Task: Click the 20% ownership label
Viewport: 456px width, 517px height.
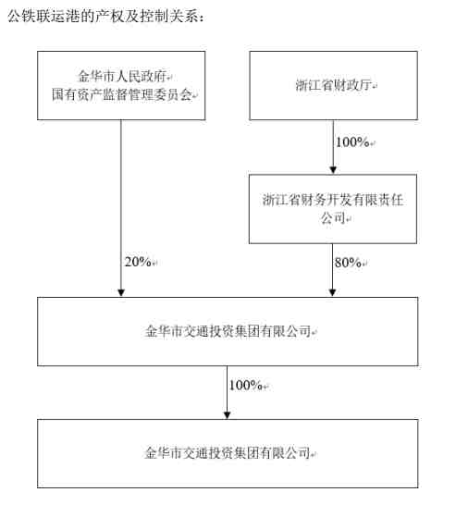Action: pyautogui.click(x=138, y=262)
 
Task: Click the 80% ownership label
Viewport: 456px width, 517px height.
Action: pyautogui.click(x=348, y=263)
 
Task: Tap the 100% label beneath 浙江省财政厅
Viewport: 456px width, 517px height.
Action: pyautogui.click(x=352, y=142)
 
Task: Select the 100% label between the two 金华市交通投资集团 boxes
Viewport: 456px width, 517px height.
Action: pyautogui.click(x=246, y=385)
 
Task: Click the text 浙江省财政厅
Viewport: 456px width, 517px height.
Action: pyautogui.click(x=333, y=85)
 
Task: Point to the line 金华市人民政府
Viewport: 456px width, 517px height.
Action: pyautogui.click(x=122, y=76)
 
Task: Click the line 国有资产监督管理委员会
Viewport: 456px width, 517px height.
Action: pyautogui.click(x=122, y=94)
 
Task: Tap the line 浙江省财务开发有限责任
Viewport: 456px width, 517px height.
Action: pyautogui.click(x=333, y=200)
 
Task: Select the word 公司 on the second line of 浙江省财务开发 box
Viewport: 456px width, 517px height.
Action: pyautogui.click(x=333, y=217)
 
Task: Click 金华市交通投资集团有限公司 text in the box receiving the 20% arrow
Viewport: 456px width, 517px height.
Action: pyautogui.click(x=228, y=331)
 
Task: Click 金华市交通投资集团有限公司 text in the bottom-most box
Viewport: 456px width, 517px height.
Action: pyautogui.click(x=228, y=453)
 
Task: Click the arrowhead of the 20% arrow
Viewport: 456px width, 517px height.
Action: pyautogui.click(x=121, y=293)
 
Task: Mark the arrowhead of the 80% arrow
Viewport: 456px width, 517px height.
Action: pyautogui.click(x=332, y=293)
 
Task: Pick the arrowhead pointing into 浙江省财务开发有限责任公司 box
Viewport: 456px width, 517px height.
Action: pyautogui.click(x=333, y=170)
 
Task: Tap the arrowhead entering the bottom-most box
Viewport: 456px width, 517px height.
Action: pyautogui.click(x=227, y=415)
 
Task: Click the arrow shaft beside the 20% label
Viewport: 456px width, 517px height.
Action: pyautogui.click(x=121, y=208)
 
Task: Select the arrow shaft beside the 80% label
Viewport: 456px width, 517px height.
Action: pyautogui.click(x=332, y=270)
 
